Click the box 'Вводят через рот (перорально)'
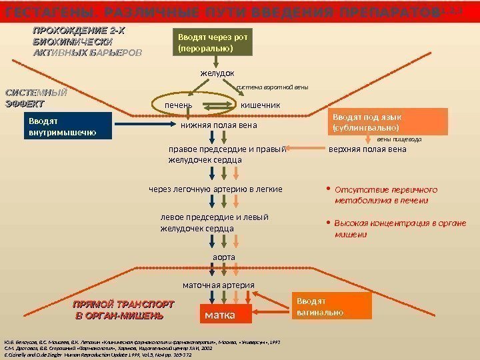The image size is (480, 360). pyautogui.click(x=212, y=42)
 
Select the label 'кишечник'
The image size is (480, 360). pyautogui.click(x=260, y=105)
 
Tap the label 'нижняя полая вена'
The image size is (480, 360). pyautogui.click(x=219, y=125)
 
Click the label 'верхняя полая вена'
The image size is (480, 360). pyautogui.click(x=367, y=149)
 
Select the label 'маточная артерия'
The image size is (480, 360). pyautogui.click(x=219, y=285)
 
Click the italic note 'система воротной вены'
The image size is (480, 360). pyautogui.click(x=273, y=87)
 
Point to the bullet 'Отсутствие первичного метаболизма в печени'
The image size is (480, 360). pyautogui.click(x=381, y=194)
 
